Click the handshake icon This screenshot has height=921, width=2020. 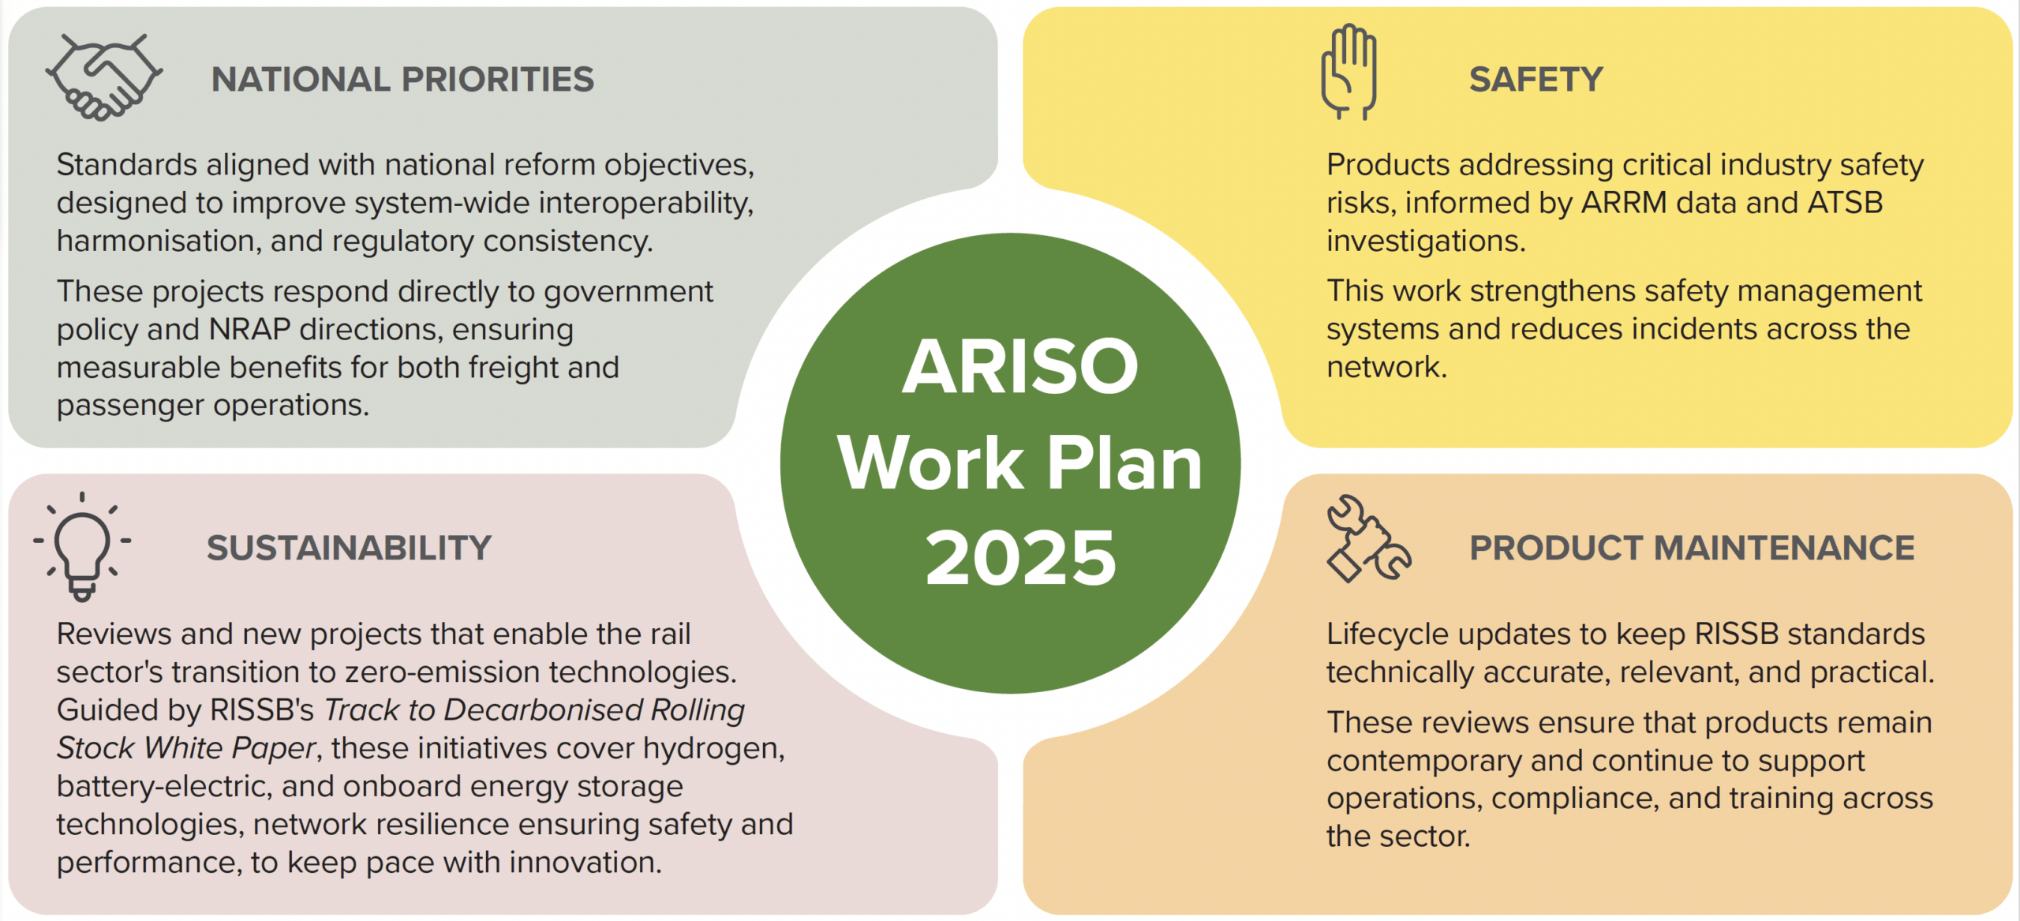coord(103,77)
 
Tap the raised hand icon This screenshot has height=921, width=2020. coord(1349,72)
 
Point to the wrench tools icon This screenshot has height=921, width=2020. coord(1368,538)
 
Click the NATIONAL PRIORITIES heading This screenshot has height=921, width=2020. coord(402,79)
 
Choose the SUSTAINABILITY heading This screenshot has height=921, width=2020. coord(349,548)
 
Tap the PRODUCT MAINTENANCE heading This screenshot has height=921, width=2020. coord(1692,548)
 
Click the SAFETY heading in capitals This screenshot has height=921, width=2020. coord(1536,79)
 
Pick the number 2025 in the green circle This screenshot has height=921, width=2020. coord(1020,558)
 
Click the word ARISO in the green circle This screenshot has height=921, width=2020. coord(1020,367)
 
